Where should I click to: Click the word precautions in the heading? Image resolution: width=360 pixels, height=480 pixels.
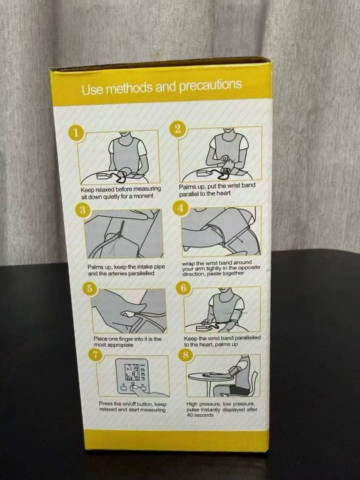point(211,85)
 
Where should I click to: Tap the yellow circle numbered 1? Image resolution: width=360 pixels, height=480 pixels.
point(76,133)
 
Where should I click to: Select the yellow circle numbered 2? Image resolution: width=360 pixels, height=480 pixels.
point(177,129)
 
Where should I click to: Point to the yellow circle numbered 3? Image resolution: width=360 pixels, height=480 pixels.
point(83,211)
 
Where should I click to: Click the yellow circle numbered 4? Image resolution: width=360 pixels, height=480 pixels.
point(181,208)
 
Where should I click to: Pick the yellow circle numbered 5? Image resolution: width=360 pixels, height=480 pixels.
point(90,289)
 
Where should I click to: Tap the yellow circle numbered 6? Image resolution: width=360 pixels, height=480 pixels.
point(183,289)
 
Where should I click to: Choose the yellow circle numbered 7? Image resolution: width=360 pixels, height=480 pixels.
point(96,355)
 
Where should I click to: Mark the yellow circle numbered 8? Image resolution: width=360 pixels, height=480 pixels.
point(186,355)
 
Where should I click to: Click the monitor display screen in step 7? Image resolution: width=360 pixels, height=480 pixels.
point(132,372)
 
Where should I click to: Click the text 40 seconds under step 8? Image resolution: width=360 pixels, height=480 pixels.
point(200,415)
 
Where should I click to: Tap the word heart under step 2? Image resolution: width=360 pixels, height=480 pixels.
point(223,193)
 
